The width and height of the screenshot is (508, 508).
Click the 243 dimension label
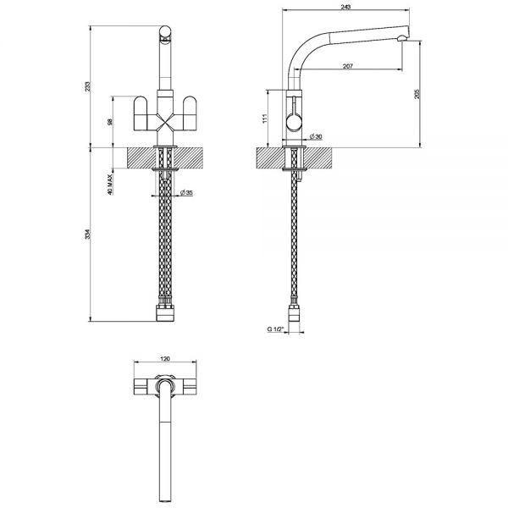pyautogui.click(x=345, y=7)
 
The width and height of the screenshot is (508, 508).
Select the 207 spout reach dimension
pyautogui.click(x=347, y=66)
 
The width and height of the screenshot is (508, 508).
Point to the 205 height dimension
pyautogui.click(x=417, y=94)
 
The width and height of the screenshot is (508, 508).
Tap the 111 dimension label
pyautogui.click(x=265, y=119)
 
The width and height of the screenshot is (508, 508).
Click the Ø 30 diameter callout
pyautogui.click(x=316, y=136)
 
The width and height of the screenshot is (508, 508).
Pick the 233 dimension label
pyautogui.click(x=88, y=86)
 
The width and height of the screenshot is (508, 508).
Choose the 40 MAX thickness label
pyautogui.click(x=110, y=185)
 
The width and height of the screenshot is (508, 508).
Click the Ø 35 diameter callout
pyautogui.click(x=186, y=193)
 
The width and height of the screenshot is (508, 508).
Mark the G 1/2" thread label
pyautogui.click(x=275, y=329)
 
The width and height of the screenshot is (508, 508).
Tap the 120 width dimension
pyautogui.click(x=165, y=359)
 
